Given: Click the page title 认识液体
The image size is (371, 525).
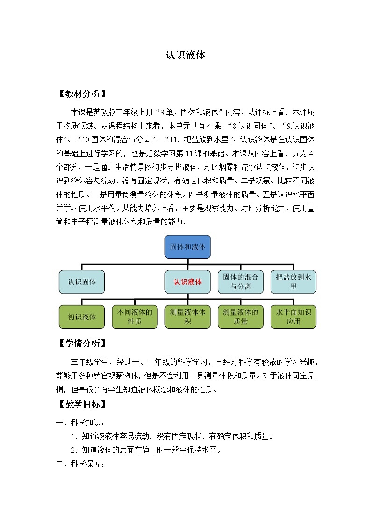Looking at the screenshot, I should click(x=185, y=55).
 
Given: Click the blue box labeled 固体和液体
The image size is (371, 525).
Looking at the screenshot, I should click(x=187, y=246).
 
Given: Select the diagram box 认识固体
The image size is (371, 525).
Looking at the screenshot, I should click(x=82, y=282).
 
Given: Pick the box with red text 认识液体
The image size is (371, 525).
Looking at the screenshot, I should click(x=187, y=282).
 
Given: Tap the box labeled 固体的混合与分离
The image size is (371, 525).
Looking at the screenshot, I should click(x=240, y=282).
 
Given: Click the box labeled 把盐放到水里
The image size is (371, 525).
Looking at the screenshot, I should click(x=293, y=282).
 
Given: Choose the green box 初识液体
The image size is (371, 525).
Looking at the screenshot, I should click(x=82, y=316).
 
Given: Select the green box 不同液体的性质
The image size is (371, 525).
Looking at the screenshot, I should click(x=135, y=316).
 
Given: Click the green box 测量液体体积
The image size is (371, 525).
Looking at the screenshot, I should click(x=187, y=316).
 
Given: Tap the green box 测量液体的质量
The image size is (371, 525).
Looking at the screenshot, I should click(x=240, y=316).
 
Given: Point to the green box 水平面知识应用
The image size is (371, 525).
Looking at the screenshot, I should click(x=293, y=316).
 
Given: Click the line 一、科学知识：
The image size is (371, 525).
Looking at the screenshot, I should click(x=78, y=423).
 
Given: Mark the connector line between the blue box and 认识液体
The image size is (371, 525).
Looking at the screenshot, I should click(x=187, y=264).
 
